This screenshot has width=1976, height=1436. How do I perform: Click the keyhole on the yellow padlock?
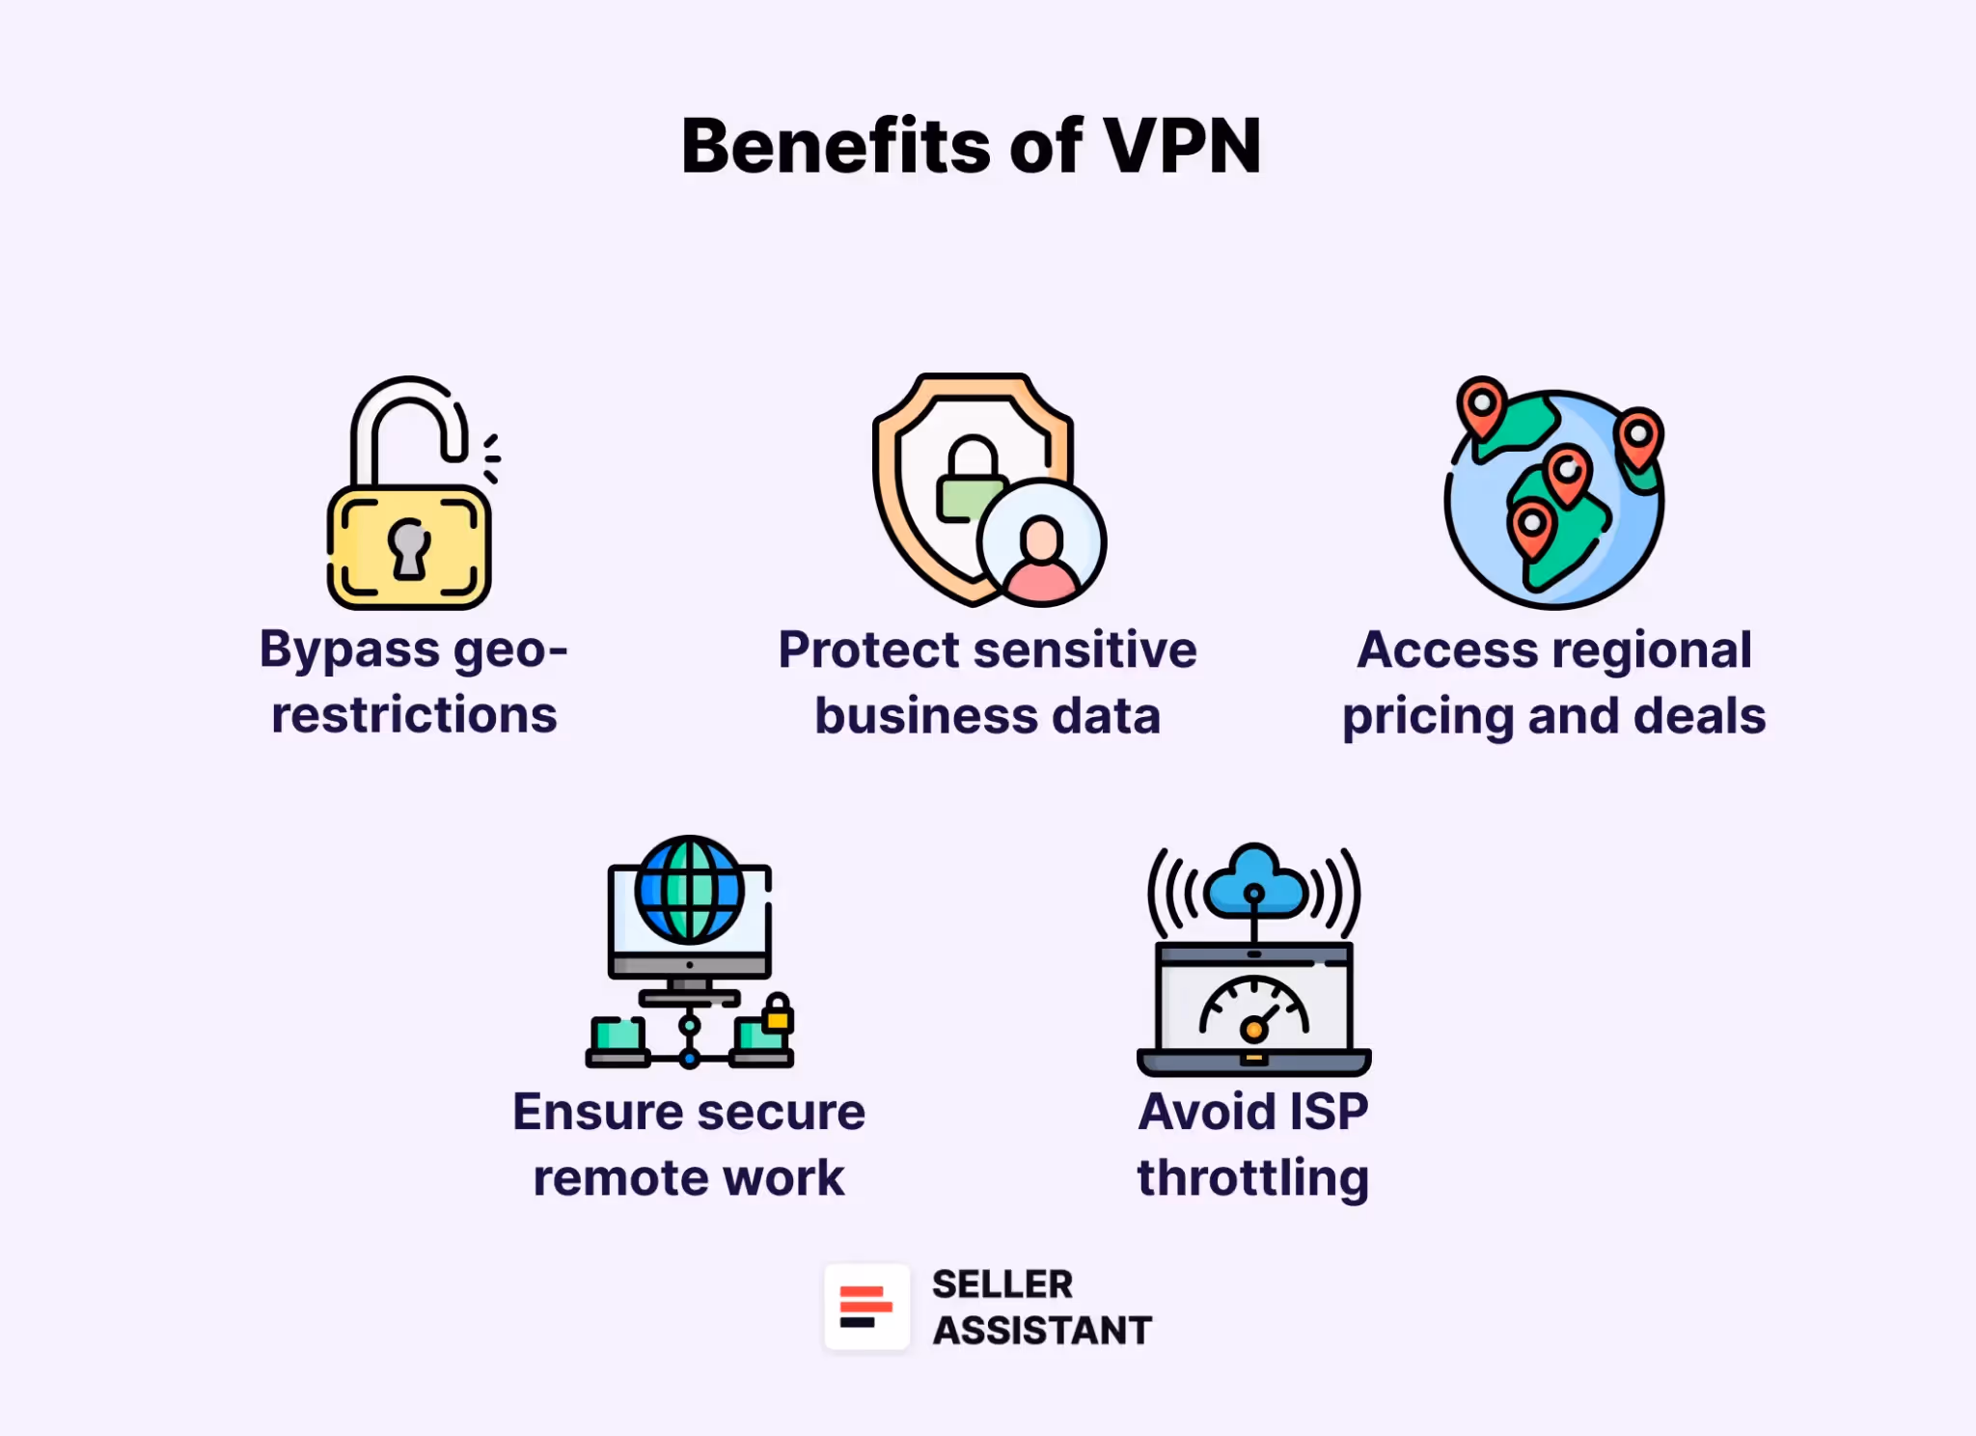408,547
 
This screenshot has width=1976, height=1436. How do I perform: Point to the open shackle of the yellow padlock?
409,405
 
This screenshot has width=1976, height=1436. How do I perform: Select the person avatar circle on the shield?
1041,542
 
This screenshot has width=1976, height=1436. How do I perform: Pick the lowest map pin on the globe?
1531,526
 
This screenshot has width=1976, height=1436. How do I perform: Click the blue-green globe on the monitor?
689,889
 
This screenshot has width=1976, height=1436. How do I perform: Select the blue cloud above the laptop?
1254,880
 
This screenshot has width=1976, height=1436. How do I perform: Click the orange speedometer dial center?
1253,1030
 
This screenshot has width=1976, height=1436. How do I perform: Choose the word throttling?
1253,1178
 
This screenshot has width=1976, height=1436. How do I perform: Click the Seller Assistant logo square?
866,1307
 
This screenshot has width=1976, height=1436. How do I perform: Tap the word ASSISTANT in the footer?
1042,1331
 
